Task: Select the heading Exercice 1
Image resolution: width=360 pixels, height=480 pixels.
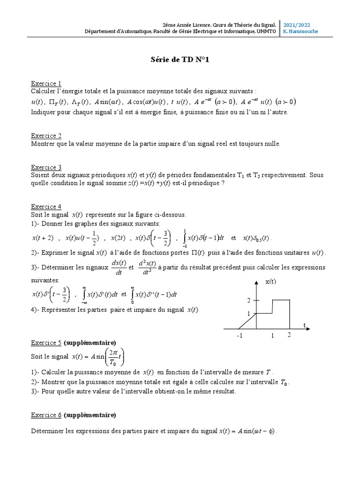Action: point(46,83)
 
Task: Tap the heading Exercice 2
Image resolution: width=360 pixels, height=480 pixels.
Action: point(46,136)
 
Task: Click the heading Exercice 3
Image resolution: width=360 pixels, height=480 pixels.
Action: point(46,167)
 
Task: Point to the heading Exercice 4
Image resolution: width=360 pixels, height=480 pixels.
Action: point(46,207)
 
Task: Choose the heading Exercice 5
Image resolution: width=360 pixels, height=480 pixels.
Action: point(46,342)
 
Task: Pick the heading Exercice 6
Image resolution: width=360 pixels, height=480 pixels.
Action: point(46,415)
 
